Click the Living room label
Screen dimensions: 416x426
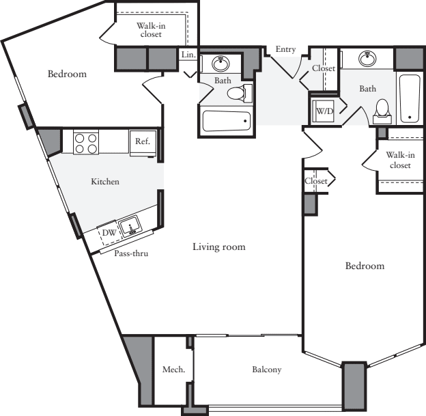218,247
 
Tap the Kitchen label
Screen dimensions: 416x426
105,182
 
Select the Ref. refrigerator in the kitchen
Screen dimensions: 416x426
143,142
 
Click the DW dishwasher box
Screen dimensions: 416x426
107,233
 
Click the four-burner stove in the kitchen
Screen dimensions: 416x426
85,142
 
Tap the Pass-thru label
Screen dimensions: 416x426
131,253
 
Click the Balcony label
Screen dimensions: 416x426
266,370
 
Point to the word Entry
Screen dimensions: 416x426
285,49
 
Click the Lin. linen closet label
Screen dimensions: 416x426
188,55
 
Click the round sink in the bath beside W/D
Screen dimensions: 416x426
368,57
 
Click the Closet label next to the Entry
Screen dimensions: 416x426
324,68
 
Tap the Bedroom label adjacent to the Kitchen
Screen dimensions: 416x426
67,74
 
